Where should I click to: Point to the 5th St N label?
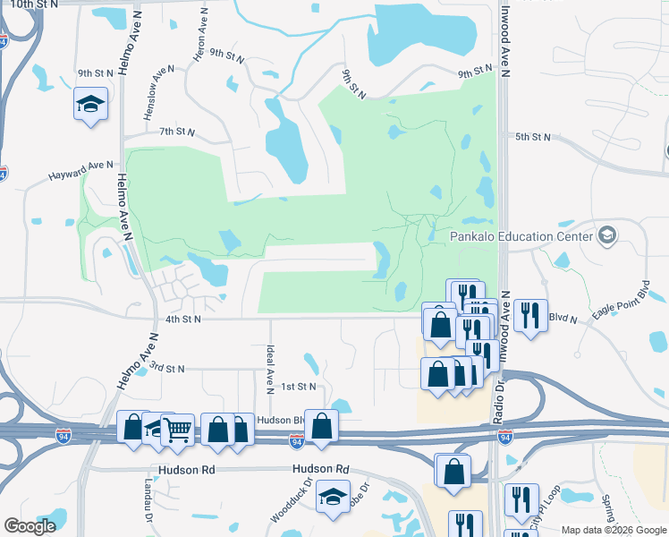pos(534,137)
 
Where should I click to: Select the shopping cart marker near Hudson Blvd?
pos(178,430)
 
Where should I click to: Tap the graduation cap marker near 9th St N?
pos(90,104)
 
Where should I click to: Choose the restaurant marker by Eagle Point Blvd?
pos(531,314)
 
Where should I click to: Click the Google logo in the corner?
pos(30,526)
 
